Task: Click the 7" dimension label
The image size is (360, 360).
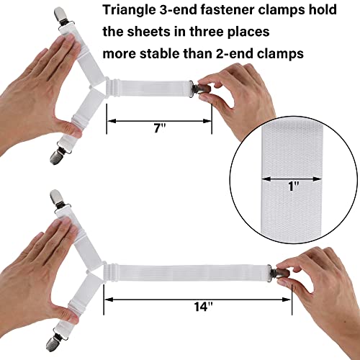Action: click(x=159, y=128)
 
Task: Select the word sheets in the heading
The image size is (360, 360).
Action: click(x=150, y=33)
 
